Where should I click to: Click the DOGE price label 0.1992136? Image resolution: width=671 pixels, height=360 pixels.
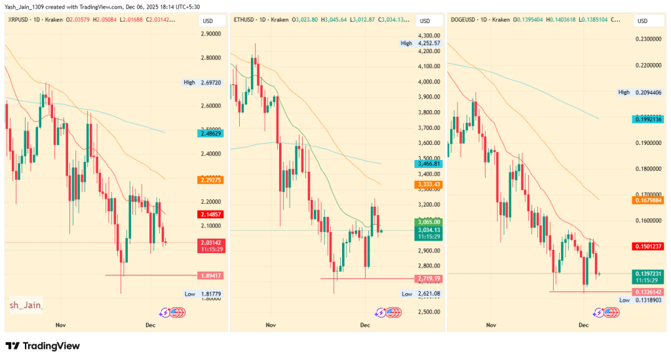click(x=649, y=119)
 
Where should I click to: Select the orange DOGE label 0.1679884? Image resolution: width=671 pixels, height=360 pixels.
click(x=649, y=201)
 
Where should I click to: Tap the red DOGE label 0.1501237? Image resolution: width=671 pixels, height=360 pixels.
click(x=649, y=246)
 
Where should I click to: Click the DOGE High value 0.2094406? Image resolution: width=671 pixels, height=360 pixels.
click(x=649, y=92)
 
